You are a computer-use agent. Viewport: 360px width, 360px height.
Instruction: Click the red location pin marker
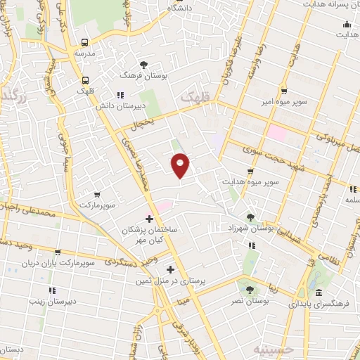tap(181, 165)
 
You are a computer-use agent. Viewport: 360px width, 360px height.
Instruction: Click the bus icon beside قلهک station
tap(85, 79)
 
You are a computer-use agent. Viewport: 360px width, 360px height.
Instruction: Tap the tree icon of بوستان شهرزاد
tap(252, 217)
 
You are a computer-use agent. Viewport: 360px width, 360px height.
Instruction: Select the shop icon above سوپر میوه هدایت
tap(250, 172)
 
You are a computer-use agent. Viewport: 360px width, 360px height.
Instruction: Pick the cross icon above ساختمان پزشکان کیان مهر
tap(149, 219)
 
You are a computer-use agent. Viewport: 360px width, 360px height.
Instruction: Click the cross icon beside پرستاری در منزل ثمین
tap(170, 269)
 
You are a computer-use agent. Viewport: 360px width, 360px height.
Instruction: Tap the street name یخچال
tap(161, 122)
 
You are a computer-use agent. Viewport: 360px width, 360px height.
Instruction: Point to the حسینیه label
tap(271, 349)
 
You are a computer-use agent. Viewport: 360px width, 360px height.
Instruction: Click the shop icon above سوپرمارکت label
tap(97, 193)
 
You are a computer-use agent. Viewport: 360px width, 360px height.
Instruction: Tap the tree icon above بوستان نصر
tap(247, 288)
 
